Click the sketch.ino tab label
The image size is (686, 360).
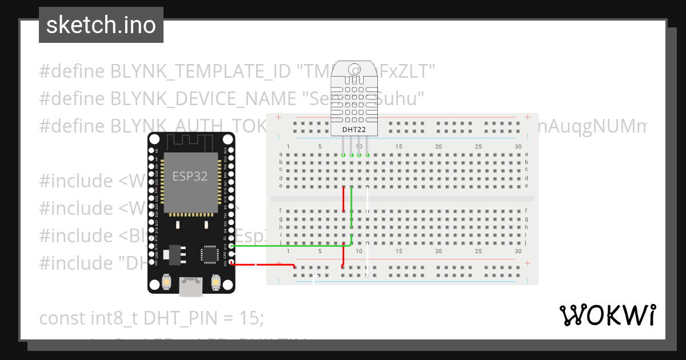pyautogui.click(x=101, y=25)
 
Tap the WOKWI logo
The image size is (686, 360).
pyautogui.click(x=607, y=315)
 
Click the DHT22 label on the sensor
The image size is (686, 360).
pyautogui.click(x=354, y=130)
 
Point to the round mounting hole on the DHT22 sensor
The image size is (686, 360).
pyautogui.click(x=354, y=71)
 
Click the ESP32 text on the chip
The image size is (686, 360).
pyautogui.click(x=190, y=176)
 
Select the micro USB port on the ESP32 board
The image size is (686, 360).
pyautogui.click(x=191, y=286)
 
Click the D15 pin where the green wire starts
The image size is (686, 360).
pyautogui.click(x=230, y=246)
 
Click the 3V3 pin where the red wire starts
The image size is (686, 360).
pyautogui.click(x=230, y=263)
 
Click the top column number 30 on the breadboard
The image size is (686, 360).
pyautogui.click(x=518, y=147)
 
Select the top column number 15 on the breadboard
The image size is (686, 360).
pyautogui.click(x=398, y=147)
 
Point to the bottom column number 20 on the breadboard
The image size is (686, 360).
pyautogui.click(x=438, y=251)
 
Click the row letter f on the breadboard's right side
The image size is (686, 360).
pyautogui.click(x=526, y=210)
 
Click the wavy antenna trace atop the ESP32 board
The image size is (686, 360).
pyautogui.click(x=191, y=141)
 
